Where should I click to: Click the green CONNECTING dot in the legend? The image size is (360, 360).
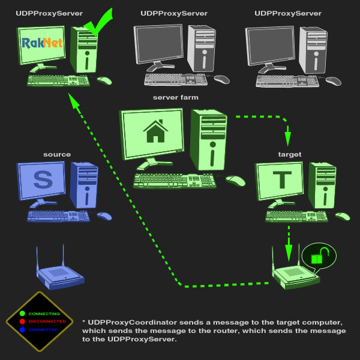[22, 313]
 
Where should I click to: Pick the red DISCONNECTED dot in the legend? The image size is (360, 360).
[22, 322]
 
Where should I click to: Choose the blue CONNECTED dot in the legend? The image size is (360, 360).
[22, 329]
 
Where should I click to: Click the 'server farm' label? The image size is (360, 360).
[175, 97]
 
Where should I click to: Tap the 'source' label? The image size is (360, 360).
[57, 155]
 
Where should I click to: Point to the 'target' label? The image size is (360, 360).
[289, 155]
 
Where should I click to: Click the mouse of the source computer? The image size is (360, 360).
[104, 216]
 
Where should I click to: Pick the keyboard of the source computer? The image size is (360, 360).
[58, 216]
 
